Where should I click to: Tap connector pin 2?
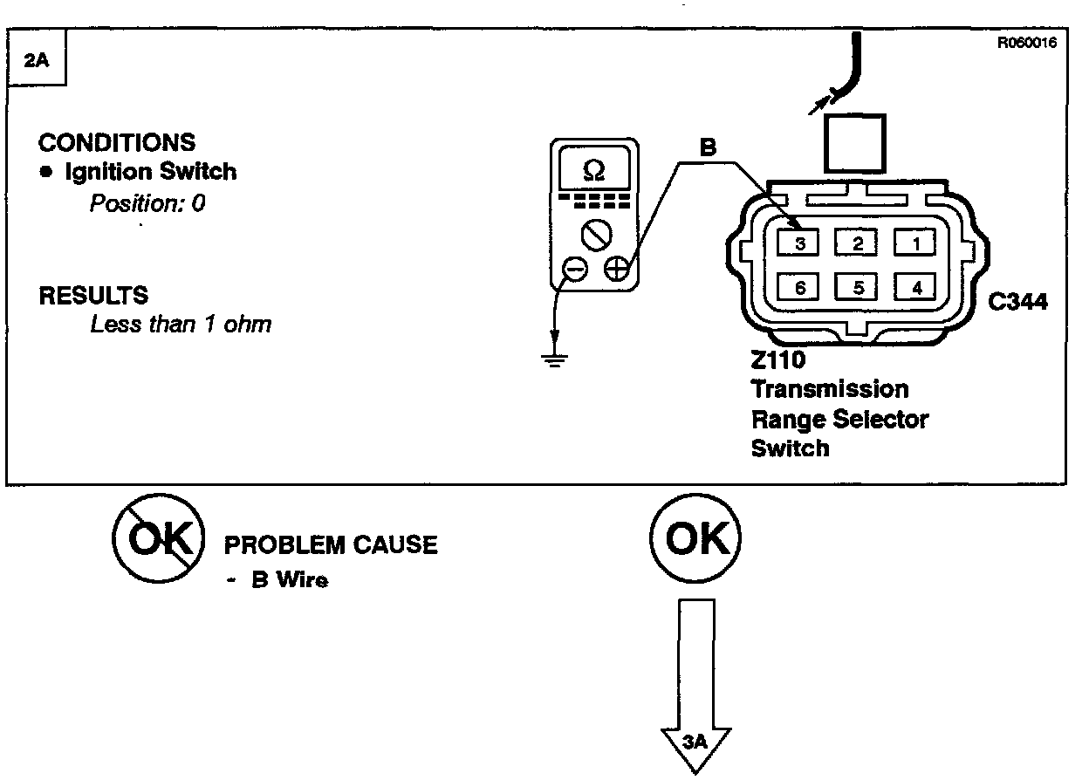[x=858, y=243]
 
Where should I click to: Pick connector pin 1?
[x=915, y=243]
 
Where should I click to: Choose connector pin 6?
[x=799, y=286]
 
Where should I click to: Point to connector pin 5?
[x=858, y=286]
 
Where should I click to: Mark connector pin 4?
[x=915, y=286]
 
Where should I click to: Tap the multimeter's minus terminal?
[x=574, y=270]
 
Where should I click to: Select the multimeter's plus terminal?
[x=617, y=269]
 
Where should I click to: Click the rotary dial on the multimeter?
[x=594, y=234]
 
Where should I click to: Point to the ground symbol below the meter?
[x=552, y=358]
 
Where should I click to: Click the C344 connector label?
[x=1018, y=302]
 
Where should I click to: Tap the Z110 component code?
[x=778, y=360]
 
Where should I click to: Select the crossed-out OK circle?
[x=158, y=541]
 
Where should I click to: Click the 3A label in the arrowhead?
[x=694, y=742]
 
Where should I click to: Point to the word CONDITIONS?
[x=117, y=142]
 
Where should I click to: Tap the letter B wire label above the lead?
[x=709, y=148]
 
